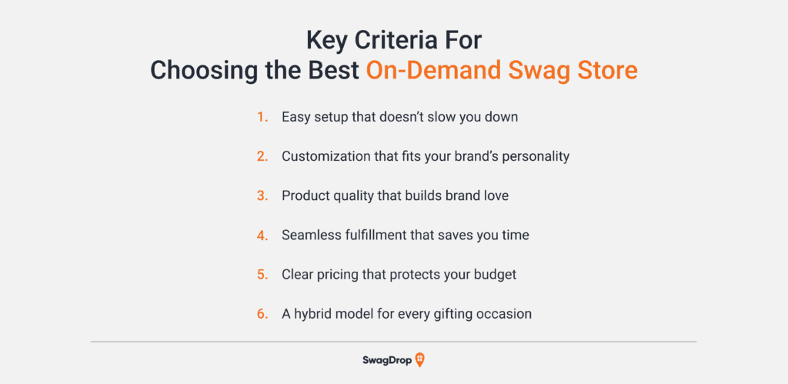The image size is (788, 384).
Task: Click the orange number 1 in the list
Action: click(x=262, y=118)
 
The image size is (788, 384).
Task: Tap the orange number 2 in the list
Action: click(x=262, y=156)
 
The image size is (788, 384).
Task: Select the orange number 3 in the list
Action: click(x=262, y=195)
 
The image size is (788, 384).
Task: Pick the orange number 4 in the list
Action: click(x=262, y=235)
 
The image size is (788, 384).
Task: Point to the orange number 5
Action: click(x=262, y=275)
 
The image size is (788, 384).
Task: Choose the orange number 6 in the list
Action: click(x=262, y=314)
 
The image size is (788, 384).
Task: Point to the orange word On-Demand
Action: click(x=434, y=71)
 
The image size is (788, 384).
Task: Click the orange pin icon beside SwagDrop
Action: click(x=420, y=360)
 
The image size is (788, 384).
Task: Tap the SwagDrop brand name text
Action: click(x=386, y=360)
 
